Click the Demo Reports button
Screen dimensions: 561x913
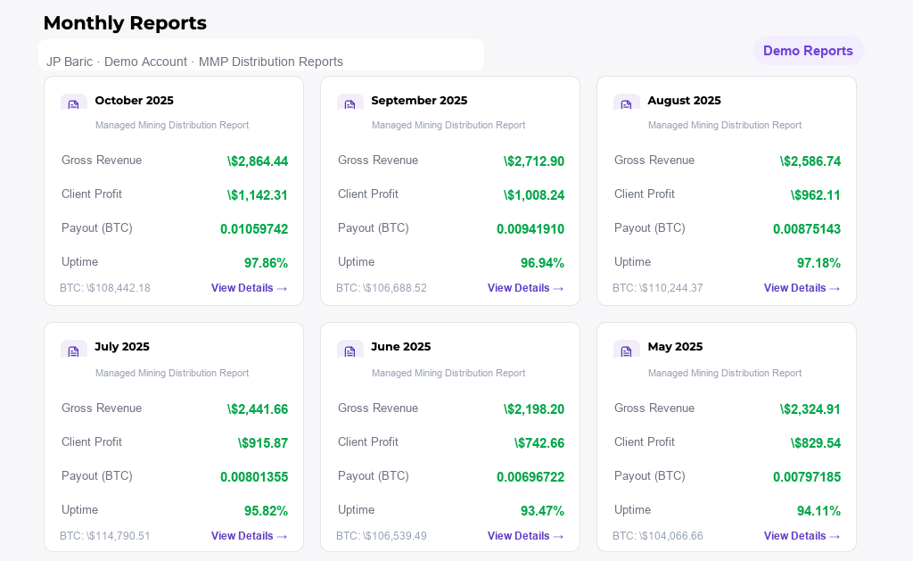(x=808, y=51)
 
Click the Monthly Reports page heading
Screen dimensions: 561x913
(x=125, y=23)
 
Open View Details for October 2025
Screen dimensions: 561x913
(x=249, y=288)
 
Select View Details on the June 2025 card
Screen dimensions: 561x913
(x=525, y=536)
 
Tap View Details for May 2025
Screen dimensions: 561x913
(x=802, y=536)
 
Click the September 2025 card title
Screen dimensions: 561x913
(x=419, y=101)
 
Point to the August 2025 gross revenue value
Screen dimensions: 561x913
(x=810, y=161)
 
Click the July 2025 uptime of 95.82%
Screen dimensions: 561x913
(x=266, y=511)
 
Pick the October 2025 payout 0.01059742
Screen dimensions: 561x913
(x=254, y=229)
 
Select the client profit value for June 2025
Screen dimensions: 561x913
(x=539, y=443)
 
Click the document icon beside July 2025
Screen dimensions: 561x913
(x=74, y=351)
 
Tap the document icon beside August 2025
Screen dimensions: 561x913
(x=627, y=104)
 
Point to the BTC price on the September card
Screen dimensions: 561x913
(x=382, y=288)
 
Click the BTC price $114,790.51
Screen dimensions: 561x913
(x=105, y=536)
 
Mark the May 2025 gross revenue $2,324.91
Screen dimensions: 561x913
(x=810, y=409)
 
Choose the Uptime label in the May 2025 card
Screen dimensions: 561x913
(x=632, y=510)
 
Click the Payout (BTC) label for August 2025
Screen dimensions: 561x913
(x=649, y=228)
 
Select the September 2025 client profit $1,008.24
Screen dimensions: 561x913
(x=533, y=195)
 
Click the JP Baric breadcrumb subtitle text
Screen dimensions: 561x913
(x=194, y=62)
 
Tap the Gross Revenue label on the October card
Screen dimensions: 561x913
(x=102, y=161)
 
